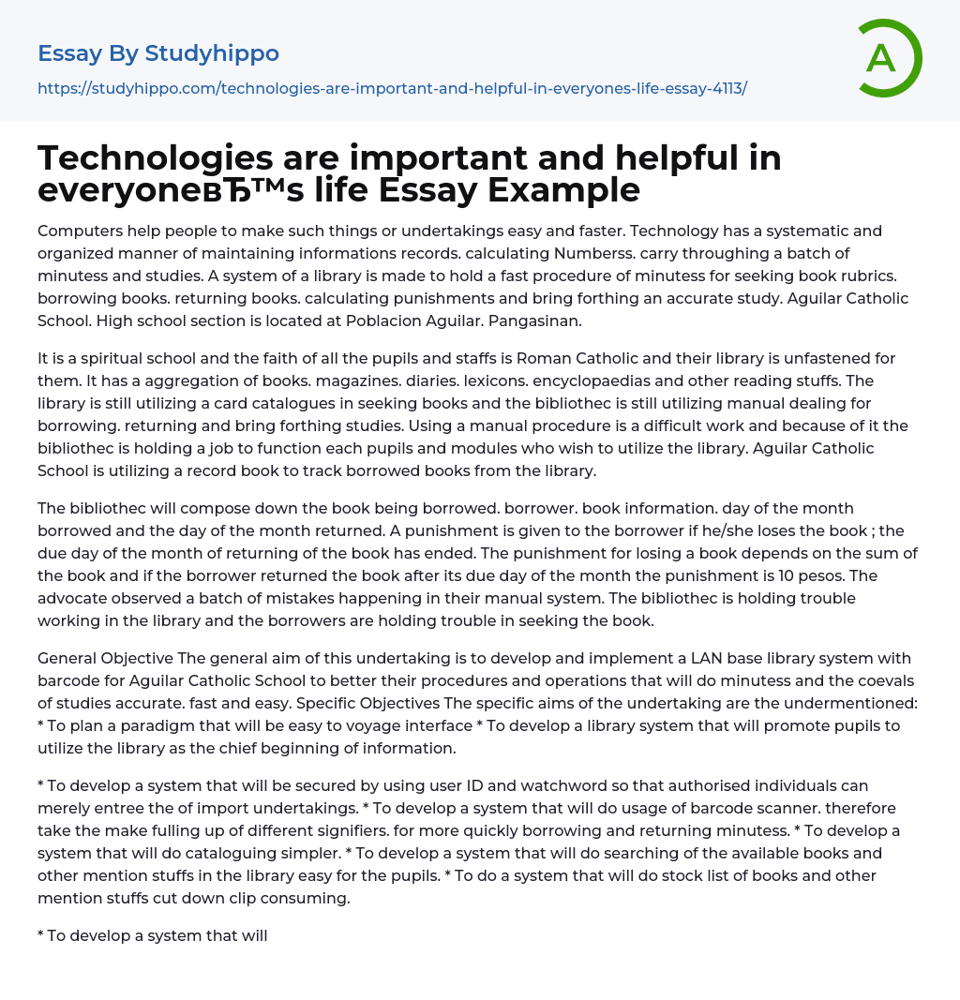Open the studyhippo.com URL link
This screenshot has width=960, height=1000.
[392, 88]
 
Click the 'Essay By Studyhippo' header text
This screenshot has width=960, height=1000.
[158, 53]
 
